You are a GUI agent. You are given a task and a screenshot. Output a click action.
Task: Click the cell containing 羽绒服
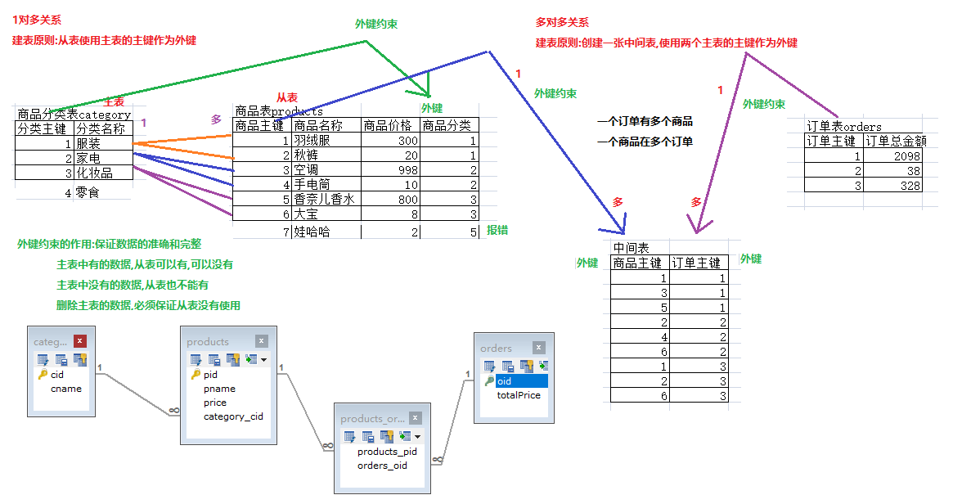326,141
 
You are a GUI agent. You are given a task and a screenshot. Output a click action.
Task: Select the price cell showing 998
390,169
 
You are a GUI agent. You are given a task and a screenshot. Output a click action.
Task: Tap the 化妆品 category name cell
103,173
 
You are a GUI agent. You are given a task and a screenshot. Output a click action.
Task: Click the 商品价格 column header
390,126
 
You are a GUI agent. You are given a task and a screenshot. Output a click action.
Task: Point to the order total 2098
892,156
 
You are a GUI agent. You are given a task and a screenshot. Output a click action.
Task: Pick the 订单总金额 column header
892,142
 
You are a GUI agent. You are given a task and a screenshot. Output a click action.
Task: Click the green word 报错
497,230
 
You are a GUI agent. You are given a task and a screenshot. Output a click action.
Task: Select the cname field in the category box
66,389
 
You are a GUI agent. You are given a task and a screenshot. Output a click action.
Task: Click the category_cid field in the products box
233,416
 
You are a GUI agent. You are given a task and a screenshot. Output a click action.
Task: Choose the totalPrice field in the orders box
519,395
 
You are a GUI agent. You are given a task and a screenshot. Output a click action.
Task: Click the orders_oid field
382,466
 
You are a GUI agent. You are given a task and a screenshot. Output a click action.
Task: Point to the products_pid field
387,452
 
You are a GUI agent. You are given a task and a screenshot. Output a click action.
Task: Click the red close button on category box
79,340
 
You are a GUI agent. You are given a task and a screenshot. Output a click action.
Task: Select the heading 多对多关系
562,23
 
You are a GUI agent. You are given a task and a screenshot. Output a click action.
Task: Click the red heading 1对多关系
37,20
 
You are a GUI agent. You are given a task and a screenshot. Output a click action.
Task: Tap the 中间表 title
631,248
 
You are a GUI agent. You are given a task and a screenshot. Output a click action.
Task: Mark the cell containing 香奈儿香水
326,199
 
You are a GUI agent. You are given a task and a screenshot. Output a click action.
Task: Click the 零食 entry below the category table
88,192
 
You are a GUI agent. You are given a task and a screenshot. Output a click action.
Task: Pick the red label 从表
286,97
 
